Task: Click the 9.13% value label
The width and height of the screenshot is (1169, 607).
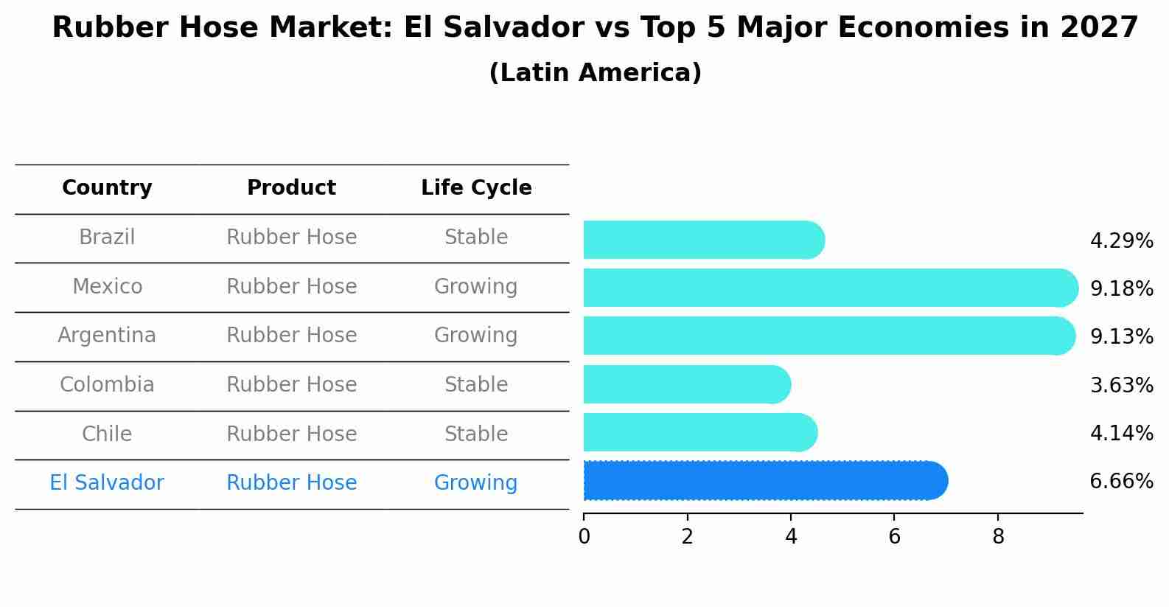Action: click(1121, 336)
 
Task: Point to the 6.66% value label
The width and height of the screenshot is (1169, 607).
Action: click(1121, 482)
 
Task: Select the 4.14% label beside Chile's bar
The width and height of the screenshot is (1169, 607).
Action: click(1121, 433)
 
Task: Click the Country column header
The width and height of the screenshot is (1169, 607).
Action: click(107, 188)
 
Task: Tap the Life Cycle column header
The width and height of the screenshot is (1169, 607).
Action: click(476, 188)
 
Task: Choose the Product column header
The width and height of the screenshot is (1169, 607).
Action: click(291, 188)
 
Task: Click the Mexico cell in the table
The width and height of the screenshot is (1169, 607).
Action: click(107, 286)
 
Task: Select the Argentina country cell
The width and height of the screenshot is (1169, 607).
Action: click(107, 336)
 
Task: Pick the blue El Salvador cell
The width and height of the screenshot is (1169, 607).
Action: click(107, 483)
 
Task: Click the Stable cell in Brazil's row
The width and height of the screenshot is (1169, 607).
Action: click(476, 237)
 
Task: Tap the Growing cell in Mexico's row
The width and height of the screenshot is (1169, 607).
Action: click(476, 286)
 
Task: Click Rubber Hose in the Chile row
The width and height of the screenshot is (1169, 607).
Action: click(291, 434)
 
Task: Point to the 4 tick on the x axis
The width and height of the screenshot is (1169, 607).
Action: click(791, 536)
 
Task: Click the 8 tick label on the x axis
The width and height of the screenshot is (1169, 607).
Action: click(998, 536)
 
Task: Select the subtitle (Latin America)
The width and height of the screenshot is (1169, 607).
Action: click(595, 73)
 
